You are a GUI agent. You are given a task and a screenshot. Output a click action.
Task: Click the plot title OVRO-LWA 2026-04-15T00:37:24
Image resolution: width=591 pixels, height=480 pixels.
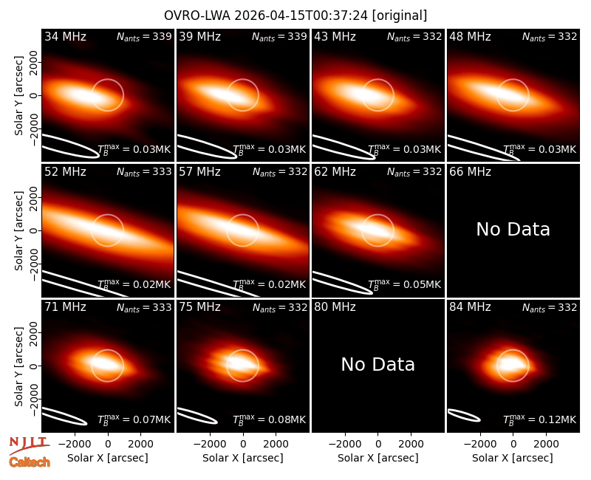click(267, 16)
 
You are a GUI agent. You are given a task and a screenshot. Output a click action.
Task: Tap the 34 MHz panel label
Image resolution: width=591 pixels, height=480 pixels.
click(65, 36)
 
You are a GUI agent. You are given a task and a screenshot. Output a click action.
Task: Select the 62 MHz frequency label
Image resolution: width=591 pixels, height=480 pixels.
click(335, 172)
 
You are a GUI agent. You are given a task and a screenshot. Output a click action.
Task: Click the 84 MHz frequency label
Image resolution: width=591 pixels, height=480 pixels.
click(470, 307)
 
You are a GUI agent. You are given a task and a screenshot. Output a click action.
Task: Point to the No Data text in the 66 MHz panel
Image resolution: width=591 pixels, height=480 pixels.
click(513, 229)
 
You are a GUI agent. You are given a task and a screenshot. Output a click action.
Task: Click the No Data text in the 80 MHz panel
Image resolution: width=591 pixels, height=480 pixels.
click(378, 364)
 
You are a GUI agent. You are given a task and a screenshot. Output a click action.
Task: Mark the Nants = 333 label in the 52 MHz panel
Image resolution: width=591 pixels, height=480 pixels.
click(144, 172)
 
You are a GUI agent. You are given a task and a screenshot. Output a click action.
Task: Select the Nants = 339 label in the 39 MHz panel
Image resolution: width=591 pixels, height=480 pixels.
click(279, 37)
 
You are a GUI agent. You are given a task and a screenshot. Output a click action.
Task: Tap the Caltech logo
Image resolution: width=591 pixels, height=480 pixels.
click(30, 462)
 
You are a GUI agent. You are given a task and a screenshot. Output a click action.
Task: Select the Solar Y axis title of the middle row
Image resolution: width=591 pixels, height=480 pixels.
click(19, 230)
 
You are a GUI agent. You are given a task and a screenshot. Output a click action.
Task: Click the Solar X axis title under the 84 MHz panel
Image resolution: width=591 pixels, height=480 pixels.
click(513, 458)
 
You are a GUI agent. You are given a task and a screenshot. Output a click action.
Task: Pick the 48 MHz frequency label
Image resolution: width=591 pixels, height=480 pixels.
click(470, 36)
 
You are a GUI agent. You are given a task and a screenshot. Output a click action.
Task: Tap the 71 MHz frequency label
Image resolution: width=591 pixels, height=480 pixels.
click(65, 307)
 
